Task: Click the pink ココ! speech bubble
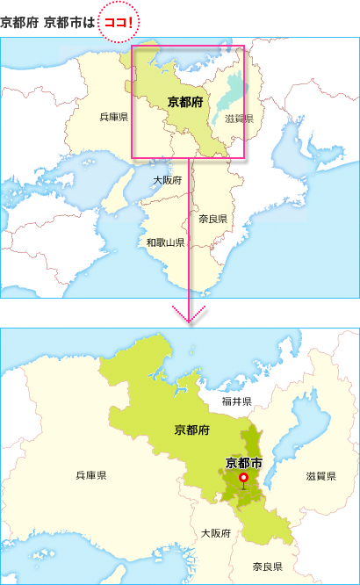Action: pos(119,21)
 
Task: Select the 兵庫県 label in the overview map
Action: pos(114,117)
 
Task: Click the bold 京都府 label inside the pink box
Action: pos(184,102)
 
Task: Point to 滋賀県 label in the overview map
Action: pos(239,119)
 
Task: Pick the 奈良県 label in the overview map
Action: pos(212,219)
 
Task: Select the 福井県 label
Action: pos(236,401)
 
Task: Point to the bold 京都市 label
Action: pos(243,462)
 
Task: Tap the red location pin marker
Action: pos(243,478)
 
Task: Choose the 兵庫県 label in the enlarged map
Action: pos(91,475)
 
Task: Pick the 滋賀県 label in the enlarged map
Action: pos(321,475)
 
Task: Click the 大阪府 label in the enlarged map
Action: pos(215,533)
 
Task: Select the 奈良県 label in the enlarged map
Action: pos(267,567)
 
